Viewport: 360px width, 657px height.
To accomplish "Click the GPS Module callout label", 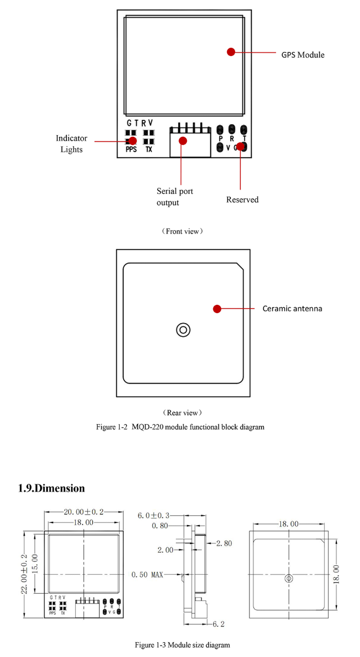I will (x=303, y=55).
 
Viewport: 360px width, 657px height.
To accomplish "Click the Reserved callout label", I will (x=242, y=199).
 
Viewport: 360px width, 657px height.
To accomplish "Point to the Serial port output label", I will (x=175, y=197).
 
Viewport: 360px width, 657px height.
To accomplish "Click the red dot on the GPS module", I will (x=231, y=52).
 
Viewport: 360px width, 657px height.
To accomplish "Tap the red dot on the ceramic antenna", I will (x=217, y=309).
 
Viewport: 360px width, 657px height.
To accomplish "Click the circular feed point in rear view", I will (x=183, y=330).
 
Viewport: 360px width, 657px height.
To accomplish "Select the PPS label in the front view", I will (x=131, y=149).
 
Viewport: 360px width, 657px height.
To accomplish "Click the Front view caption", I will (x=182, y=231).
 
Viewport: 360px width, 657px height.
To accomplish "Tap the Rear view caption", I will (x=182, y=412).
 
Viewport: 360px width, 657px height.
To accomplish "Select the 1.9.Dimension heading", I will (x=52, y=488).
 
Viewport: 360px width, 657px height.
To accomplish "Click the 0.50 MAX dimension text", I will (x=147, y=575).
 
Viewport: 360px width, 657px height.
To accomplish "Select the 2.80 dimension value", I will (x=224, y=543).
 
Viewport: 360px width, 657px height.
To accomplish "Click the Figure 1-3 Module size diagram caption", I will (x=182, y=644).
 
